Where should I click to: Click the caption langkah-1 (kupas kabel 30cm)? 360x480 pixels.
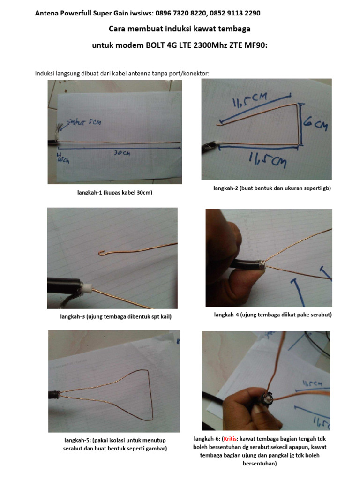pos(115,193)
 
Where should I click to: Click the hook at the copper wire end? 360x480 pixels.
pos(102,254)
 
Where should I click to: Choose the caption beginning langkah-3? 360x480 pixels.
pos(116,316)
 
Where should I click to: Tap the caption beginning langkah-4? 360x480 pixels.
pos(273,315)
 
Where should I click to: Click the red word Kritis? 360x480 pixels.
pos(230,439)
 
